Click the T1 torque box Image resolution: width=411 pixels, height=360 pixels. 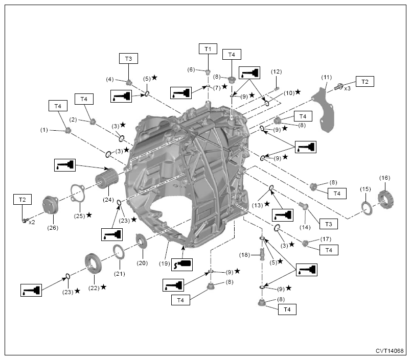[x=208, y=49]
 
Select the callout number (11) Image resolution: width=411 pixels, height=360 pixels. [x=326, y=77]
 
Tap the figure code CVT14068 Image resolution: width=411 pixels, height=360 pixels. [x=390, y=351]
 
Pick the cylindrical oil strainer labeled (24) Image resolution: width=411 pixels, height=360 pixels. [x=107, y=178]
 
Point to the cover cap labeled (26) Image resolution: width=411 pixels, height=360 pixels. [x=50, y=205]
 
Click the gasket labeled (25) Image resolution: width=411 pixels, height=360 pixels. [x=78, y=193]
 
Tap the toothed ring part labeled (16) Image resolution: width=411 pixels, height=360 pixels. [x=386, y=200]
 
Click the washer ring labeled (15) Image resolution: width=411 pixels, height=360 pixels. [x=367, y=209]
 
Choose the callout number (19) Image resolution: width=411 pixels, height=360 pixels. [x=164, y=263]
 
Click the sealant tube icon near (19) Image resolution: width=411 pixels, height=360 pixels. [x=182, y=265]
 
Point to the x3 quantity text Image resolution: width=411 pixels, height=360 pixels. [x=347, y=88]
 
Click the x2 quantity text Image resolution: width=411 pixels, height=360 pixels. [x=32, y=222]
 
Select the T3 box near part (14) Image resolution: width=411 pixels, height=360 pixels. [x=328, y=224]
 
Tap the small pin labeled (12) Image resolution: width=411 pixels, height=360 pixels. [x=276, y=89]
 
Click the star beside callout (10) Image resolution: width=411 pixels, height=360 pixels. [x=298, y=92]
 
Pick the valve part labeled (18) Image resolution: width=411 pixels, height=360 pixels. [x=262, y=254]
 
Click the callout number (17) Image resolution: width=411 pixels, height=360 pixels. [x=326, y=239]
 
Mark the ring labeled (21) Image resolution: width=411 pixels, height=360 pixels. [x=119, y=252]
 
